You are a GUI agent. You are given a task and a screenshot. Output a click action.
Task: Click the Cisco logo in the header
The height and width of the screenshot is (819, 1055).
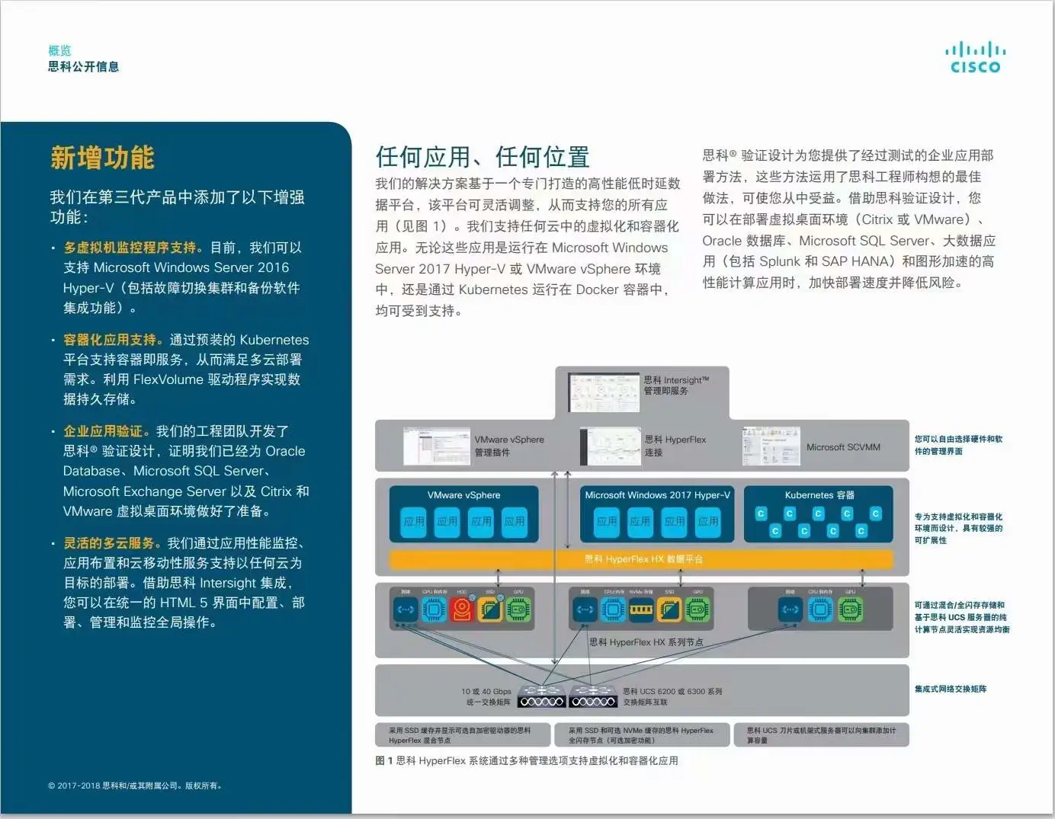975,58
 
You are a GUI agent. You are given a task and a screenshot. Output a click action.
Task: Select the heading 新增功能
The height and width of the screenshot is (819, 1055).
102,158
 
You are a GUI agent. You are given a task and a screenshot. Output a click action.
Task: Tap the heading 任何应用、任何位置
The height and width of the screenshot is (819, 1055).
482,157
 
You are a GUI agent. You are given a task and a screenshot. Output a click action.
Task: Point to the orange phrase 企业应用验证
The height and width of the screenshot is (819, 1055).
106,431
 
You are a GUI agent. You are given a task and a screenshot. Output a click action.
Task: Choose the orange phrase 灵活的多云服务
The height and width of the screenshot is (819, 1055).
112,543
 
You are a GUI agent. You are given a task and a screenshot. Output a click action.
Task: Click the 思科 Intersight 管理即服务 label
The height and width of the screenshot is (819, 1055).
676,386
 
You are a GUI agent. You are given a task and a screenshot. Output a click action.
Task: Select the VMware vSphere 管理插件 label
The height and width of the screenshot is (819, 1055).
509,446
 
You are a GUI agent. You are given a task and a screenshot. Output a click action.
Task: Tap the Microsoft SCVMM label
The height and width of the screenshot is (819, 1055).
843,447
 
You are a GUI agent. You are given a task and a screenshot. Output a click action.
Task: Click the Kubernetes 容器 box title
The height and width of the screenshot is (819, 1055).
819,495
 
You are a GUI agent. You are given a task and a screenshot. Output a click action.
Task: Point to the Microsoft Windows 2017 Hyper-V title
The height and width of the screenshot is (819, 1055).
657,495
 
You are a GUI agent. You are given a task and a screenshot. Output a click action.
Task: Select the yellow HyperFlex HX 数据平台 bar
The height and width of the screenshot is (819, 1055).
642,559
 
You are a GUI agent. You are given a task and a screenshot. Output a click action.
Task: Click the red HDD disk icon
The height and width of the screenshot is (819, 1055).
462,609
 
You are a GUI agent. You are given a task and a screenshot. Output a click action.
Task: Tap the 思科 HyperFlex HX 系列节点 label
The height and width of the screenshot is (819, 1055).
646,642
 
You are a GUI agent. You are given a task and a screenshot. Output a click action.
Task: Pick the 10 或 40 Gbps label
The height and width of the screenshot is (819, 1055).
486,692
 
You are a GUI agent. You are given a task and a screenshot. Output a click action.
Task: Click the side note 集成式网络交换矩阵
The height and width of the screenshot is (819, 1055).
950,689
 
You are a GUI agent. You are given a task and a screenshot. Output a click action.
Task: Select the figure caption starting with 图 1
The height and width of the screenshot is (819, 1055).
527,760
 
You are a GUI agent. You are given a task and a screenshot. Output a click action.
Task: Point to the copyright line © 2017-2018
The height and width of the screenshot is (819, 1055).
135,785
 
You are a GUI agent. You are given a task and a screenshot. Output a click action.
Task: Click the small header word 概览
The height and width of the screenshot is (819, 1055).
59,50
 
